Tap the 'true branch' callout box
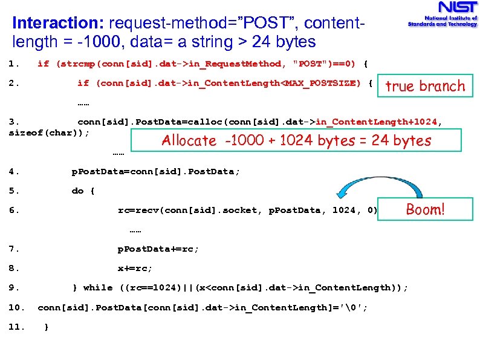click(425, 86)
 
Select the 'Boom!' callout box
click(425, 210)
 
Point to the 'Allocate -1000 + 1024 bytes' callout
click(296, 141)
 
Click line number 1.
click(15, 64)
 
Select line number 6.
click(15, 210)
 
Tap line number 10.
click(17, 307)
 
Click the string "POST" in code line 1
click(312, 64)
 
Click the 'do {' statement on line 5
click(83, 191)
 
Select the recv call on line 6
click(145, 210)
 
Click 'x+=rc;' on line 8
click(135, 268)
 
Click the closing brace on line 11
click(47, 327)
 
